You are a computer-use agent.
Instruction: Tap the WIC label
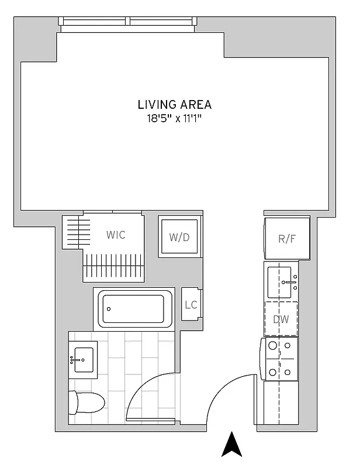point(116,235)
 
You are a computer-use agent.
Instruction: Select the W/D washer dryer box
point(179,238)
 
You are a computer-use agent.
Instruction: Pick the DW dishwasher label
point(281,319)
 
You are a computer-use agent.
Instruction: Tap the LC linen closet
point(191,304)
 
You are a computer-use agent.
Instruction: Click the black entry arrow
point(231,445)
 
